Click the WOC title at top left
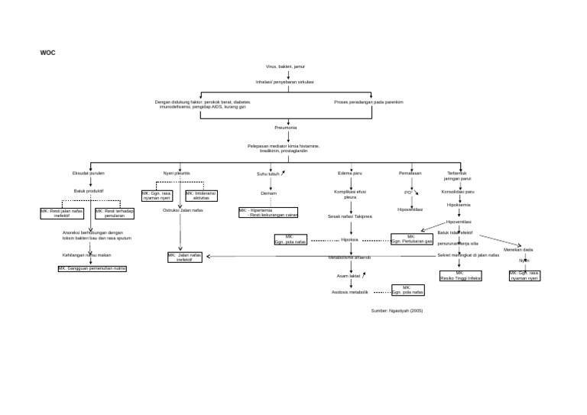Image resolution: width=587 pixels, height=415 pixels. click(x=47, y=53)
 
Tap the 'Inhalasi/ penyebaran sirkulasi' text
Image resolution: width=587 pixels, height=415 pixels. click(x=285, y=81)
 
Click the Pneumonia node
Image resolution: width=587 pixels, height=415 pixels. click(x=286, y=128)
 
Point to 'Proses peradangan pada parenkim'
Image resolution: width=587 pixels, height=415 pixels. click(x=368, y=101)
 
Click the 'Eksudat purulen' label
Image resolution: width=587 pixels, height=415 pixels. click(x=89, y=173)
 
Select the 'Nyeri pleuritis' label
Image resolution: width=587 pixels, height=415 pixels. click(x=177, y=173)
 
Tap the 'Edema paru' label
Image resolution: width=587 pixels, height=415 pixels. click(x=350, y=173)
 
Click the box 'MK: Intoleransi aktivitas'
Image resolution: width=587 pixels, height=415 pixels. click(x=201, y=196)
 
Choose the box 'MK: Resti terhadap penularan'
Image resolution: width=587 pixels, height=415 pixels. click(x=114, y=213)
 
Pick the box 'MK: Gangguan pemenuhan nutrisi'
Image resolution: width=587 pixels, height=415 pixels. click(x=92, y=269)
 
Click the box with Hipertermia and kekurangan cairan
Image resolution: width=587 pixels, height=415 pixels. click(x=268, y=212)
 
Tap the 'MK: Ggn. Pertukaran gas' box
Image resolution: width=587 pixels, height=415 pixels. click(x=412, y=239)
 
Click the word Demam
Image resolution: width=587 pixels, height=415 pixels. click(x=268, y=193)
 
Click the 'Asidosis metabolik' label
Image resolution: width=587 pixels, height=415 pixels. click(x=350, y=292)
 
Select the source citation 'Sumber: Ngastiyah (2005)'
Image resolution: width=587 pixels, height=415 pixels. click(x=397, y=310)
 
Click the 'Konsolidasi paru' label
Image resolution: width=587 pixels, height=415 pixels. click(x=459, y=192)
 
